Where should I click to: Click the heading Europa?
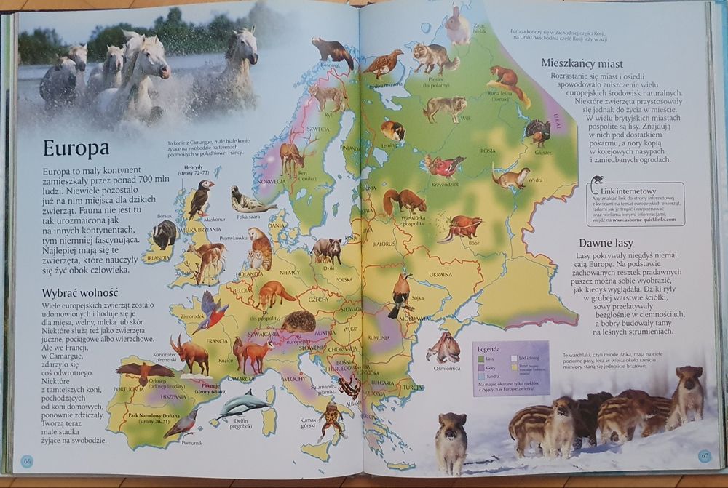click(x=76, y=148)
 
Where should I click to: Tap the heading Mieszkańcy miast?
click(x=595, y=63)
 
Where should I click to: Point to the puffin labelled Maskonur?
click(x=200, y=199)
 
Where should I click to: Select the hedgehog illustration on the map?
click(x=298, y=321)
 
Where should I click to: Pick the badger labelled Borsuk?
click(x=165, y=234)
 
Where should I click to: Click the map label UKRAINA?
click(x=440, y=274)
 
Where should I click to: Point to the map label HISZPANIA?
click(x=173, y=397)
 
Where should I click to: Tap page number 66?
click(x=27, y=461)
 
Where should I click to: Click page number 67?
click(x=704, y=456)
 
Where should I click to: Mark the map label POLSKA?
click(x=344, y=279)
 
